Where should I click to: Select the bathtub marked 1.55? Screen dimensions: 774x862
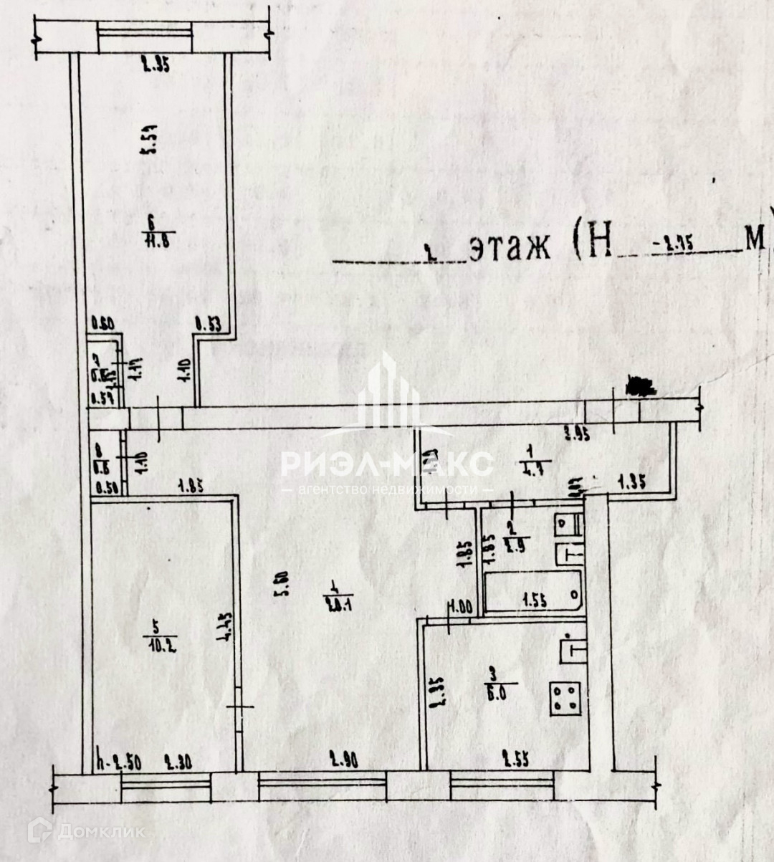[534, 593]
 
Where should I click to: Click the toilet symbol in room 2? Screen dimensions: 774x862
[569, 554]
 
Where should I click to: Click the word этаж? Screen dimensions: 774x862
[510, 249]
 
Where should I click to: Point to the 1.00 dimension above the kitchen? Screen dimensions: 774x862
[459, 608]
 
